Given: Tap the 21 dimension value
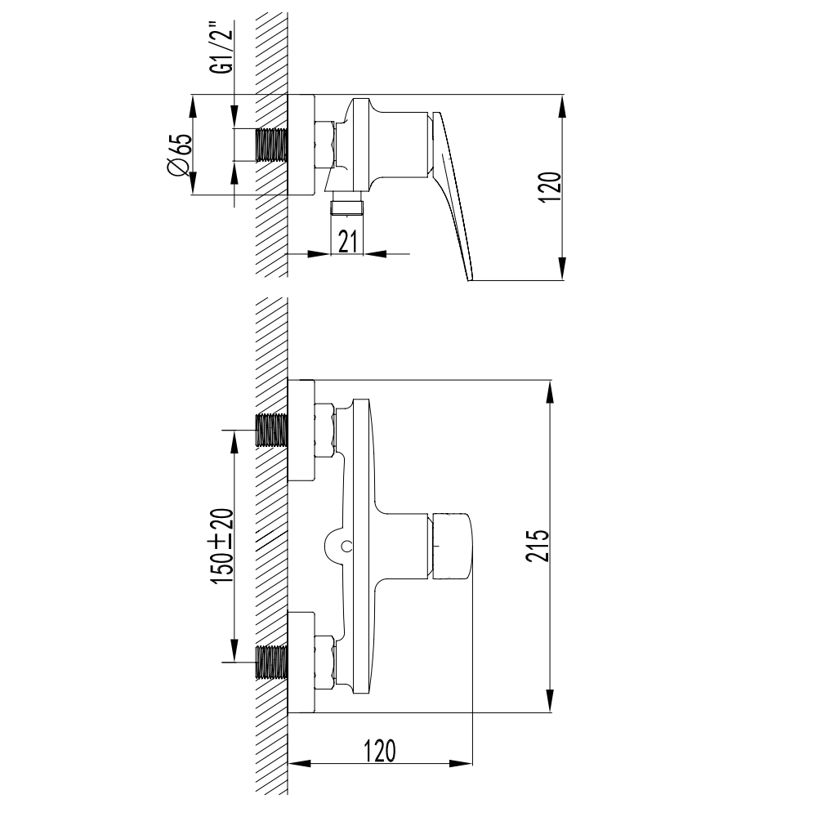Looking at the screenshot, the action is click(347, 241).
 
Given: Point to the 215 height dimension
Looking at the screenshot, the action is click(538, 546).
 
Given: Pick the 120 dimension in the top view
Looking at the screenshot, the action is click(551, 188).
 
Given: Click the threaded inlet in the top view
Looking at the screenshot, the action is click(271, 145).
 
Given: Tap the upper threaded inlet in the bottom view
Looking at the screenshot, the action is click(271, 430).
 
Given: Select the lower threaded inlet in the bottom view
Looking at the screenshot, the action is click(271, 662).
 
